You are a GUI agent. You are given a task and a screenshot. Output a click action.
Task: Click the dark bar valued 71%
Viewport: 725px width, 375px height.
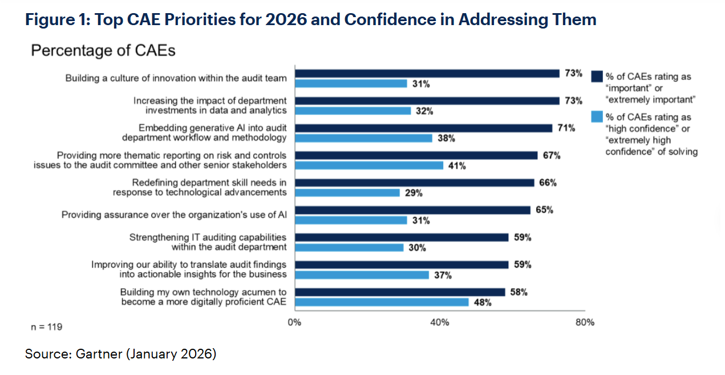pos(423,128)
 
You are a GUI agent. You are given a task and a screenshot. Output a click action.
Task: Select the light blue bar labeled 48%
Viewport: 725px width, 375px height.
pos(381,302)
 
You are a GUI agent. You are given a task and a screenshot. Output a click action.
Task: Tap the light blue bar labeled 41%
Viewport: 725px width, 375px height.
pos(368,166)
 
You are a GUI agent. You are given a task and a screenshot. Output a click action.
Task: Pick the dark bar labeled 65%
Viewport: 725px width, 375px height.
pos(412,210)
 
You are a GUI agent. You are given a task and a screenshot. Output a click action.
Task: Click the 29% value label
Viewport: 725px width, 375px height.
pos(414,193)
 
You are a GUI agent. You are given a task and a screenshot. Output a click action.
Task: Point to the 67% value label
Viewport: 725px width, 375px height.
pos(552,155)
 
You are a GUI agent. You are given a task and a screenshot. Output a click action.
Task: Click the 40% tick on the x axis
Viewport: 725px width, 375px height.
pos(439,322)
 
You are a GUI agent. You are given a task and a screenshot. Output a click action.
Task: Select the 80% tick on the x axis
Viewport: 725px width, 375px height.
pos(585,322)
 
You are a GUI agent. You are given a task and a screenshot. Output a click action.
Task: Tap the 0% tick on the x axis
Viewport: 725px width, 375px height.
pos(294,322)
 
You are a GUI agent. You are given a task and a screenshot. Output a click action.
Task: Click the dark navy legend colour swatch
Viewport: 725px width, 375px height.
pos(597,77)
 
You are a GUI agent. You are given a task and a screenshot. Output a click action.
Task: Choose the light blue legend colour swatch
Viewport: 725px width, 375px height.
pos(597,117)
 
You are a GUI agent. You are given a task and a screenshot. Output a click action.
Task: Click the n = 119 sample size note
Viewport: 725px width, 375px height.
pos(46,327)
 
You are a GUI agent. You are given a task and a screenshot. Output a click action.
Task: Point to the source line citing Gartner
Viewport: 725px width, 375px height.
pos(120,354)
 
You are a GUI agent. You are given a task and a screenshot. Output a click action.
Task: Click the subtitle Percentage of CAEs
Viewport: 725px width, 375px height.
pos(103,51)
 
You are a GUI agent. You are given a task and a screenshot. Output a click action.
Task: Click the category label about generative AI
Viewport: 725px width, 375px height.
pos(204,132)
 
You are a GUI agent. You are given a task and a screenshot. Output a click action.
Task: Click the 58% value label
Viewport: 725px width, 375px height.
pos(519,292)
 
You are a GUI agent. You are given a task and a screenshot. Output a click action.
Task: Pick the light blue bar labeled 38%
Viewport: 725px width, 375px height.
pos(363,138)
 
